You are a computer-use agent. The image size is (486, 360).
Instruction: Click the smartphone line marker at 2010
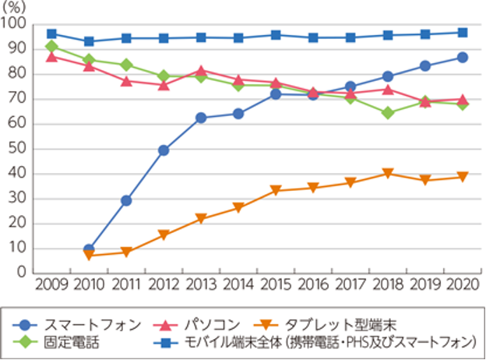(x=88, y=250)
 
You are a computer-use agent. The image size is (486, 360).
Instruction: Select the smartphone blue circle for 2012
(x=164, y=150)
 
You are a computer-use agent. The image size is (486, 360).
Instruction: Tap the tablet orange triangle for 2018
(x=387, y=174)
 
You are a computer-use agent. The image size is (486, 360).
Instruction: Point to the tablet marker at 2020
(x=462, y=178)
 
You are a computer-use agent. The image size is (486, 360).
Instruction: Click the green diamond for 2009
(x=51, y=47)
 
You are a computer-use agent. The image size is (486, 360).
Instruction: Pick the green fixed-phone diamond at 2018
(x=387, y=114)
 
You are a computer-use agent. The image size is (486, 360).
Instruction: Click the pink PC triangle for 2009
(x=51, y=56)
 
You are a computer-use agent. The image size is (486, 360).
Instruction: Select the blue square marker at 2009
(x=51, y=34)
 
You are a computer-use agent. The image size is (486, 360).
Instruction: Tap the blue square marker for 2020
(x=462, y=33)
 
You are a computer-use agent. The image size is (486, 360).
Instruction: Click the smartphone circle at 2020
(x=462, y=58)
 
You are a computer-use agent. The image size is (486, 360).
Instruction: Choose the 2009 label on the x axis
(x=51, y=285)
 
